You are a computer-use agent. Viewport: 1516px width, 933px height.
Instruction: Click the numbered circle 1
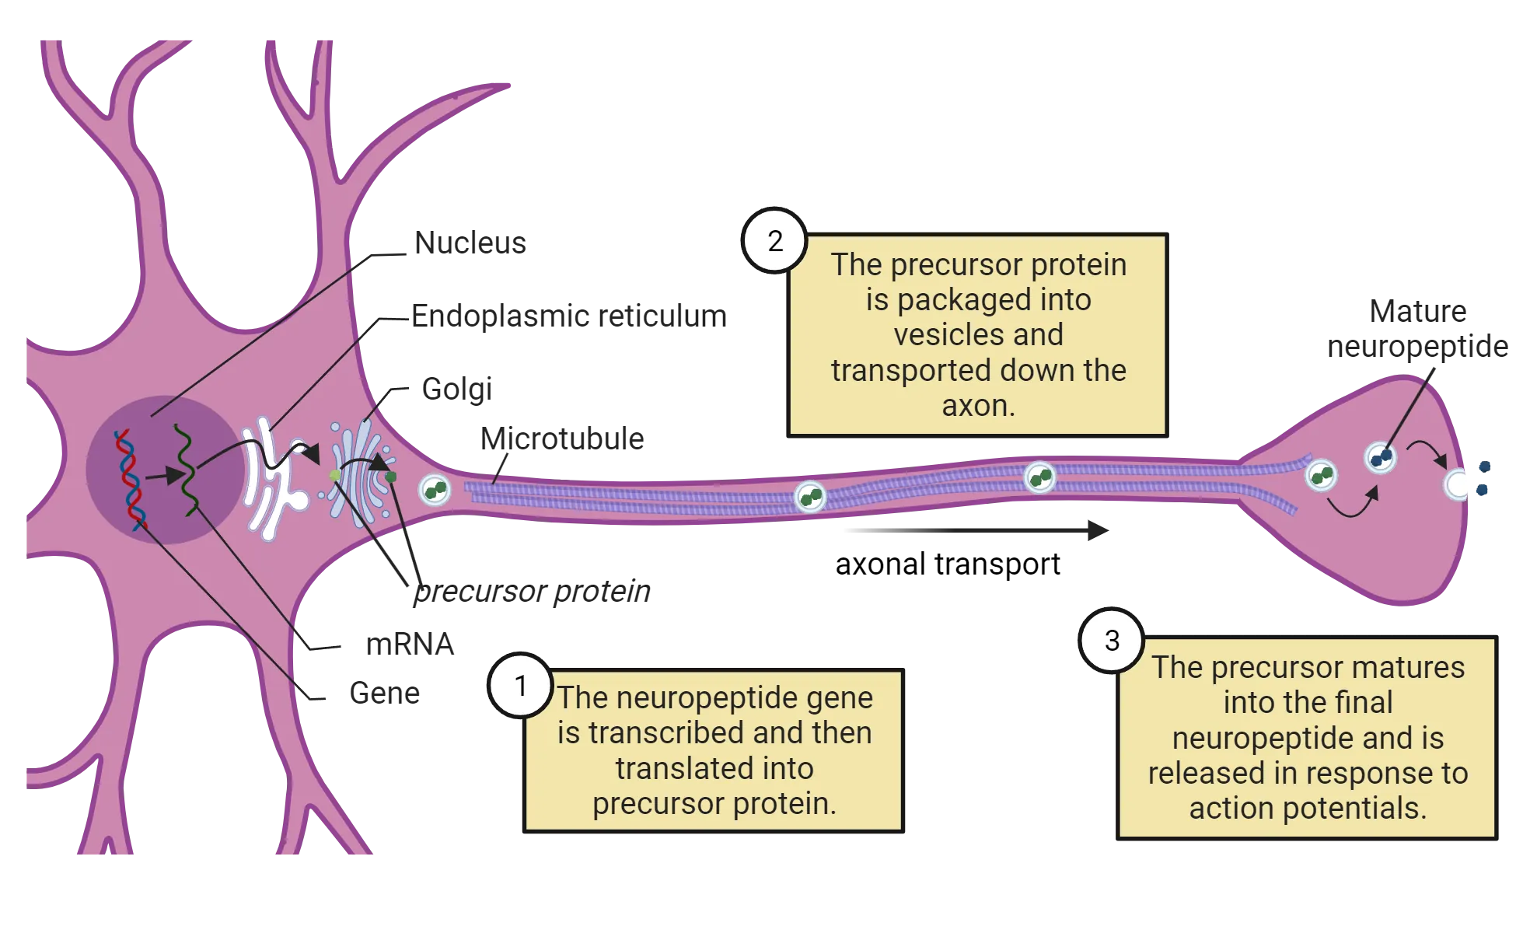pyautogui.click(x=521, y=686)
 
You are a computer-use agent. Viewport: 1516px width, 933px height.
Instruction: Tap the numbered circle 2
pyautogui.click(x=774, y=241)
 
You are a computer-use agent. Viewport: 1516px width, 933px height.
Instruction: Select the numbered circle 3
pyautogui.click(x=1112, y=641)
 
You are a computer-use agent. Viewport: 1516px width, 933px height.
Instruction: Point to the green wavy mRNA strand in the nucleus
pyautogui.click(x=186, y=470)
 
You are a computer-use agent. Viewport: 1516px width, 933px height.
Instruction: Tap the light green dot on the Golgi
pyautogui.click(x=335, y=475)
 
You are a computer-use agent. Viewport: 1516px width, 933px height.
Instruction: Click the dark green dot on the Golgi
pyautogui.click(x=391, y=477)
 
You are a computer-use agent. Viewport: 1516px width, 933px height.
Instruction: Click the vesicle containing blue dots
pyautogui.click(x=1381, y=457)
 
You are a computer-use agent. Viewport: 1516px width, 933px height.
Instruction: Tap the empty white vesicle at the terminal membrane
pyautogui.click(x=1455, y=485)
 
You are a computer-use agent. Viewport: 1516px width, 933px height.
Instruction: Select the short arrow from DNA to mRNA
pyautogui.click(x=162, y=477)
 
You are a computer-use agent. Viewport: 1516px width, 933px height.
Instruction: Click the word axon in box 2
pyautogui.click(x=978, y=406)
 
